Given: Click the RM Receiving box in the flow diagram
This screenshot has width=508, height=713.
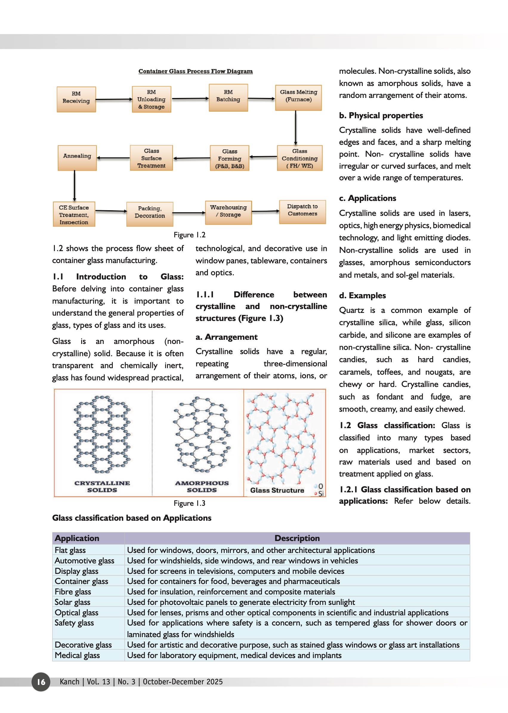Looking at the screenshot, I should pyautogui.click(x=76, y=99).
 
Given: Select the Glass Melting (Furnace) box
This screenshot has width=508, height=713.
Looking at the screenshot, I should pyautogui.click(x=298, y=97).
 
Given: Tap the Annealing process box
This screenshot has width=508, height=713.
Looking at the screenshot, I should pyautogui.click(x=77, y=158).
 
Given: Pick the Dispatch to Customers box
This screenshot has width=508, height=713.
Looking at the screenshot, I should pyautogui.click(x=302, y=212).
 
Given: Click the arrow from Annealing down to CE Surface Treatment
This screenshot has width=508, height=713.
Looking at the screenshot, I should pyautogui.click(x=75, y=186).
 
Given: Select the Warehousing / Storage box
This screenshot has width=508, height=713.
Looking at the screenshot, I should pyautogui.click(x=228, y=212).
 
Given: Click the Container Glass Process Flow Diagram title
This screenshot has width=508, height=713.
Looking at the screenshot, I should pyautogui.click(x=195, y=71).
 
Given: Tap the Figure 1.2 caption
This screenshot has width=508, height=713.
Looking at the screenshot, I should pyautogui.click(x=189, y=235).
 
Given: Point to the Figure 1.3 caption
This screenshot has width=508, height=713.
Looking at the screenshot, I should pyautogui.click(x=189, y=503).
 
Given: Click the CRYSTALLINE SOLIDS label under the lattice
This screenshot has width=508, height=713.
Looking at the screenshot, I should pyautogui.click(x=102, y=486).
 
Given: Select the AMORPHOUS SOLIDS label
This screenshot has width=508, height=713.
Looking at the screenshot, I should pyautogui.click(x=202, y=486).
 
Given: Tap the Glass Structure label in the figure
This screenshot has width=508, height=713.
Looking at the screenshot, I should pyautogui.click(x=277, y=490).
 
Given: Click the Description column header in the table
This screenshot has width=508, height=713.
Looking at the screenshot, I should pyautogui.click(x=297, y=538).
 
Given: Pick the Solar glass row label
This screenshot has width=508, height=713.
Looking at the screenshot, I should pyautogui.click(x=72, y=602).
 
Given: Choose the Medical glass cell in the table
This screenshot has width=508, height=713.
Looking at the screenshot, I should pyautogui.click(x=77, y=655).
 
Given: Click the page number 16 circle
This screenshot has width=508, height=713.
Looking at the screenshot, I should pyautogui.click(x=41, y=682).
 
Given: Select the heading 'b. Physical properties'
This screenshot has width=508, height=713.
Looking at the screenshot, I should pyautogui.click(x=381, y=116).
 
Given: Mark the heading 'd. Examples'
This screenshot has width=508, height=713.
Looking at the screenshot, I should pyautogui.click(x=362, y=295).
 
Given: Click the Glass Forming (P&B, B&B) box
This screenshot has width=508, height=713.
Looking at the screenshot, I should pyautogui.click(x=230, y=158).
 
